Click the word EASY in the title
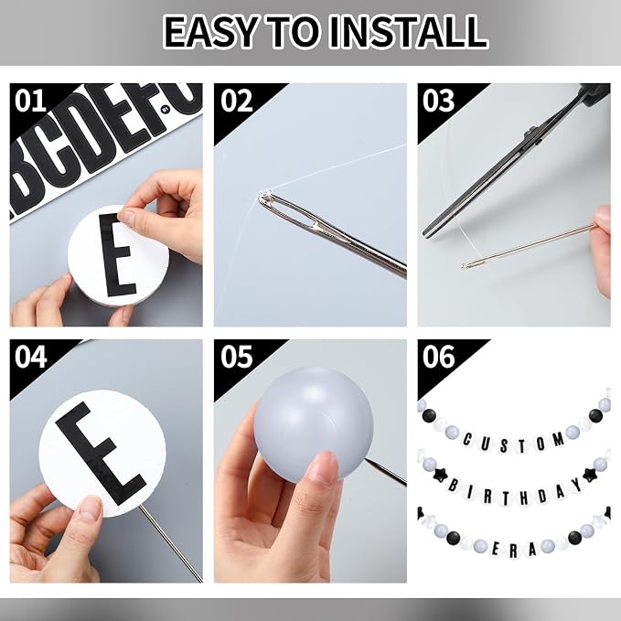tap(211, 32)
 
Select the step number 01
tap(30, 101)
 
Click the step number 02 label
tap(236, 101)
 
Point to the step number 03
tap(438, 101)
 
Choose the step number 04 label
tap(31, 357)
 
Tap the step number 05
tap(236, 357)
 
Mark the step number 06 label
tap(438, 357)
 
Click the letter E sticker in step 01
tap(117, 255)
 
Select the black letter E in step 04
tap(101, 454)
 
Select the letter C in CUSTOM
tap(467, 439)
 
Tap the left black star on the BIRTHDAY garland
tap(439, 474)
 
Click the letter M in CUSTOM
tap(559, 439)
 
